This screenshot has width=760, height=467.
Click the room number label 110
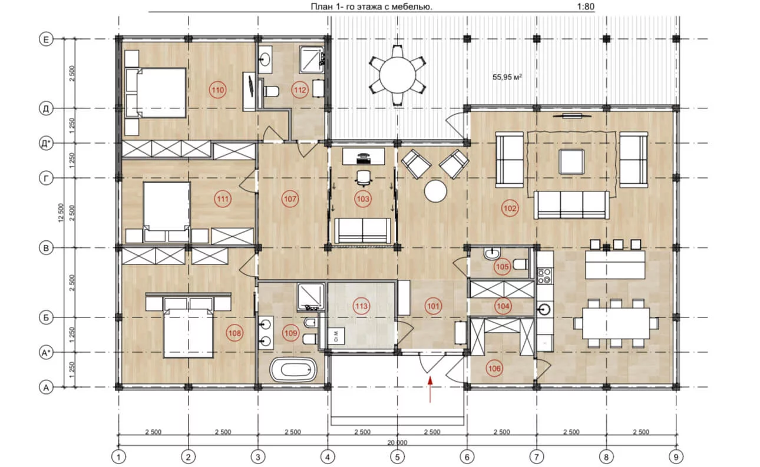point(217,90)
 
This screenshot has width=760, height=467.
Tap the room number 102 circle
point(510,208)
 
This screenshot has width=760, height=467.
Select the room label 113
point(361,306)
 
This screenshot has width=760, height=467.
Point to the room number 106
point(494,368)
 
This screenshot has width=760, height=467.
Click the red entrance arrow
point(430,389)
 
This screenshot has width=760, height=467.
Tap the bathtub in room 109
point(293,369)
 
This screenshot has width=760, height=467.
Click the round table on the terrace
point(397,75)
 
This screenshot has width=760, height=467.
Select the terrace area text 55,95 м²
point(507,77)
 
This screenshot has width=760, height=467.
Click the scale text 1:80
point(586,6)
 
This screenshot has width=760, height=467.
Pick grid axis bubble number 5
point(397,457)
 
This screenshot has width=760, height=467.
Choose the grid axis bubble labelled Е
point(46,39)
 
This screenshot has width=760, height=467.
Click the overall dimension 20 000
point(397,443)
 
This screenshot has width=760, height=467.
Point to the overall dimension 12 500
point(61,213)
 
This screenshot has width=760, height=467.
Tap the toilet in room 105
point(520,264)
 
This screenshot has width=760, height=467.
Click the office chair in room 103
point(364,178)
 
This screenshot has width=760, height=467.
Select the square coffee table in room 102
point(571,162)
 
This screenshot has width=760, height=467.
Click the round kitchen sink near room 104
point(545,309)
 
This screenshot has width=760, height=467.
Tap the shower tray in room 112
point(312,59)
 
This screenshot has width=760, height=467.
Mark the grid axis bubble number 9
point(676,457)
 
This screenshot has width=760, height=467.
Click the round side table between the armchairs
point(435,191)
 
